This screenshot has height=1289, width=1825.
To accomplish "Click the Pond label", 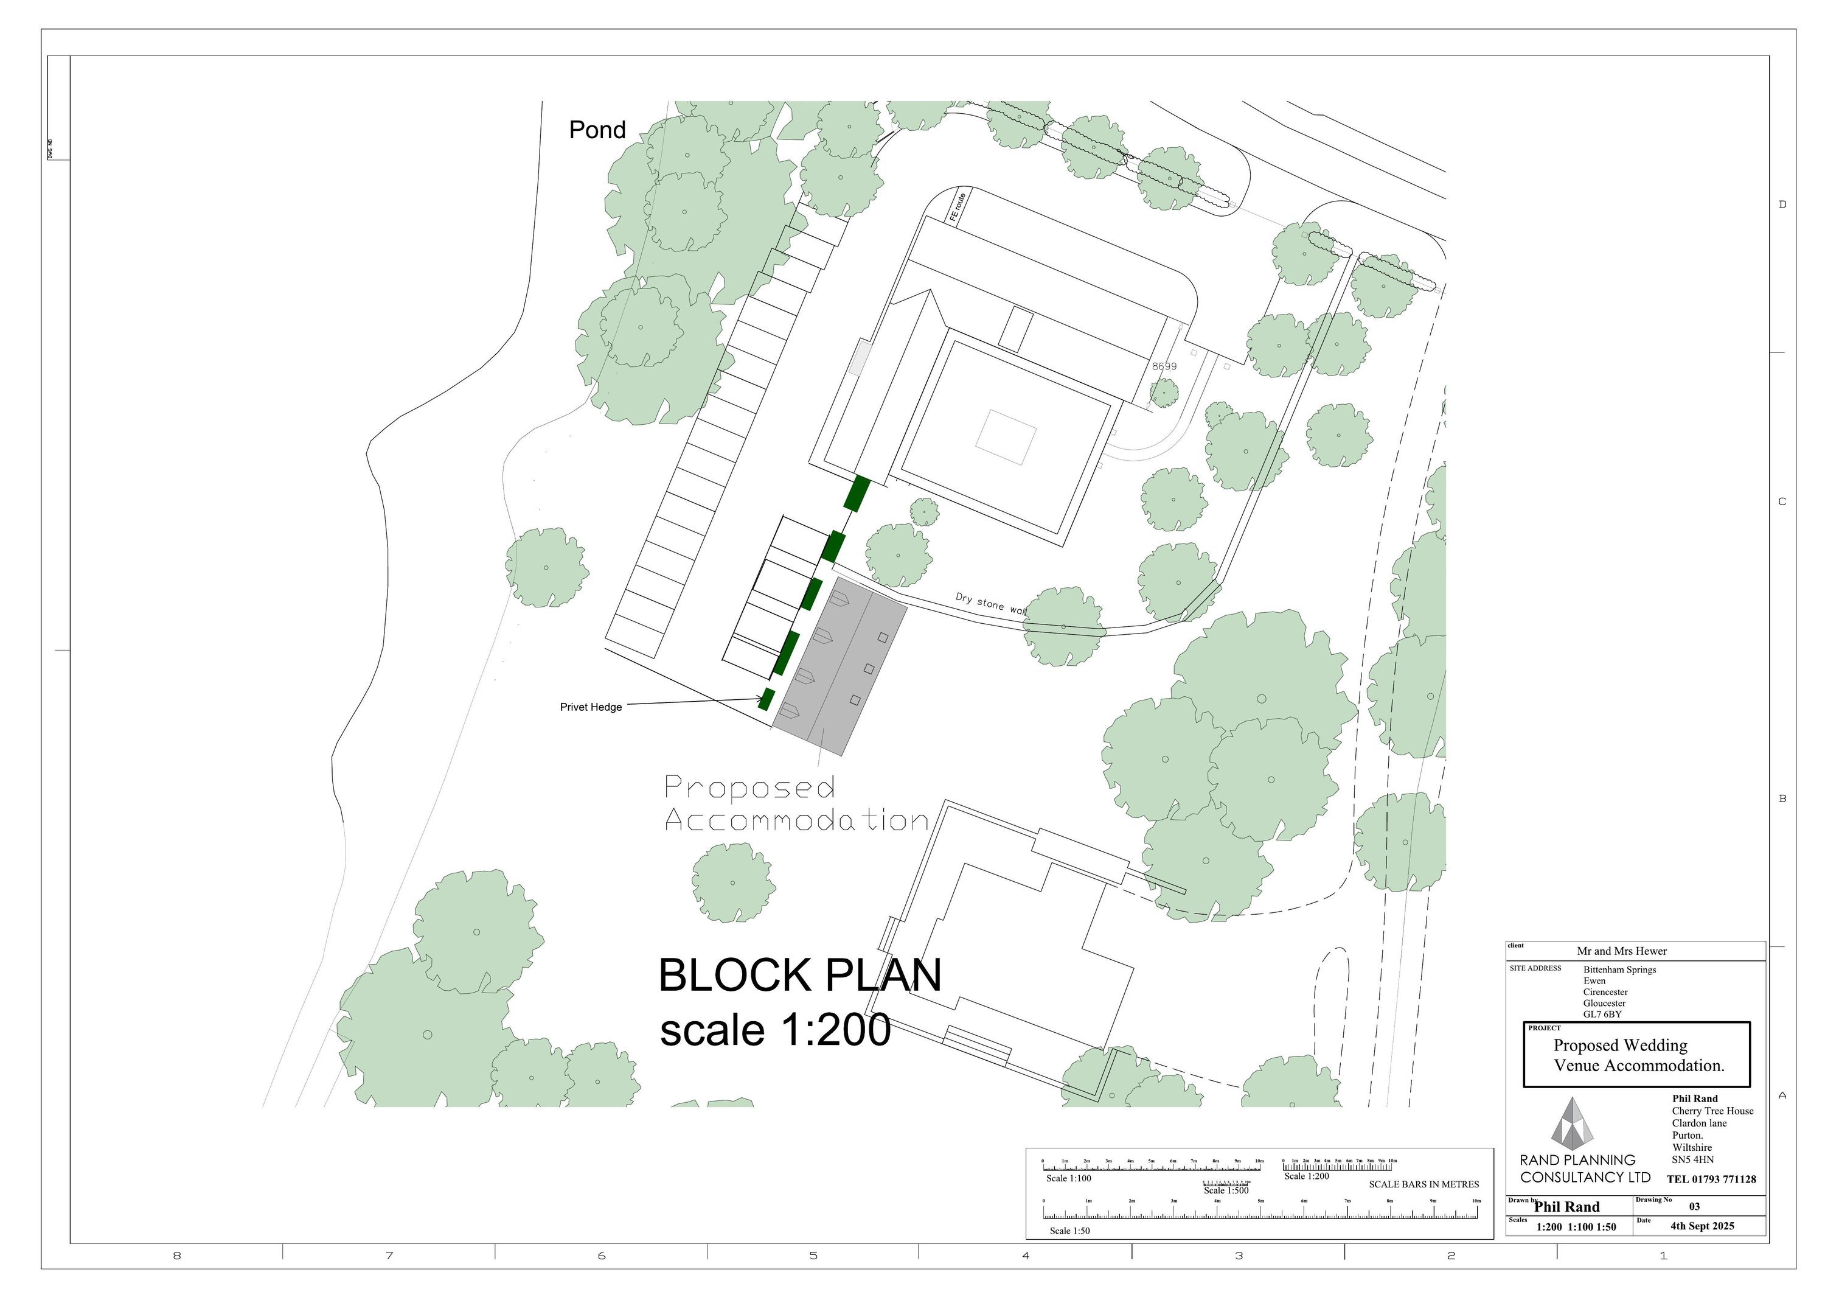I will [597, 130].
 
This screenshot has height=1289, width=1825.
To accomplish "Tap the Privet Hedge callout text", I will [591, 707].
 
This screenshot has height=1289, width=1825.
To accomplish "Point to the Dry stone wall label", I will [990, 603].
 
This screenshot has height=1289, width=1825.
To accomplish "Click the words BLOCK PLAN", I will [799, 975].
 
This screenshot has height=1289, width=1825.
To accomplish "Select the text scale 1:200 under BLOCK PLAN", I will [775, 1030].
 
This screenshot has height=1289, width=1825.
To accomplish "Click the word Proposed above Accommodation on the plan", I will [749, 788].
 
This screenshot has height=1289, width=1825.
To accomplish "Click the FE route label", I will [958, 208].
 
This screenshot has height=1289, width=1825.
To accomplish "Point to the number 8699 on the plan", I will [1164, 366].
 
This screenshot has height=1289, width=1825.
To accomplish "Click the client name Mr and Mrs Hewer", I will [1622, 951].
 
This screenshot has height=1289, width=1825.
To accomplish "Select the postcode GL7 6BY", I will [1602, 1015].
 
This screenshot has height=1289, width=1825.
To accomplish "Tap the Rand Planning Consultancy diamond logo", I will [1571, 1123].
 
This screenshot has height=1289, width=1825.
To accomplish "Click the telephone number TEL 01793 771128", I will [1711, 1179].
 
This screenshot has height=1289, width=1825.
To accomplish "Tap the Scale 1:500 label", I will [1226, 1190].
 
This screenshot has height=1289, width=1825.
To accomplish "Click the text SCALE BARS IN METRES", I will [1423, 1184].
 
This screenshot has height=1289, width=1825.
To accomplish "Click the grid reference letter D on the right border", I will [1782, 204].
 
